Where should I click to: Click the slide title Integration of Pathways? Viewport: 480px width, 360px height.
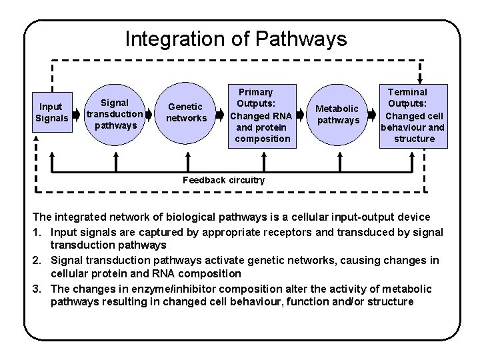236,39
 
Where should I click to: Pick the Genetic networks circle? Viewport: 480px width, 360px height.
186,113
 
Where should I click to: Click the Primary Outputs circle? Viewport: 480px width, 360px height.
259,114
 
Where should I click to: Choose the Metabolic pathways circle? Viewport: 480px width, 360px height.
337,113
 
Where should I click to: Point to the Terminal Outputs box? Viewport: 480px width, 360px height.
413,114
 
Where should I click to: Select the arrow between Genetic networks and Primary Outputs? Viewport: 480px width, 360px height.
222,113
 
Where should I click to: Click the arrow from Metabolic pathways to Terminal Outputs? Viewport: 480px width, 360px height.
373,113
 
